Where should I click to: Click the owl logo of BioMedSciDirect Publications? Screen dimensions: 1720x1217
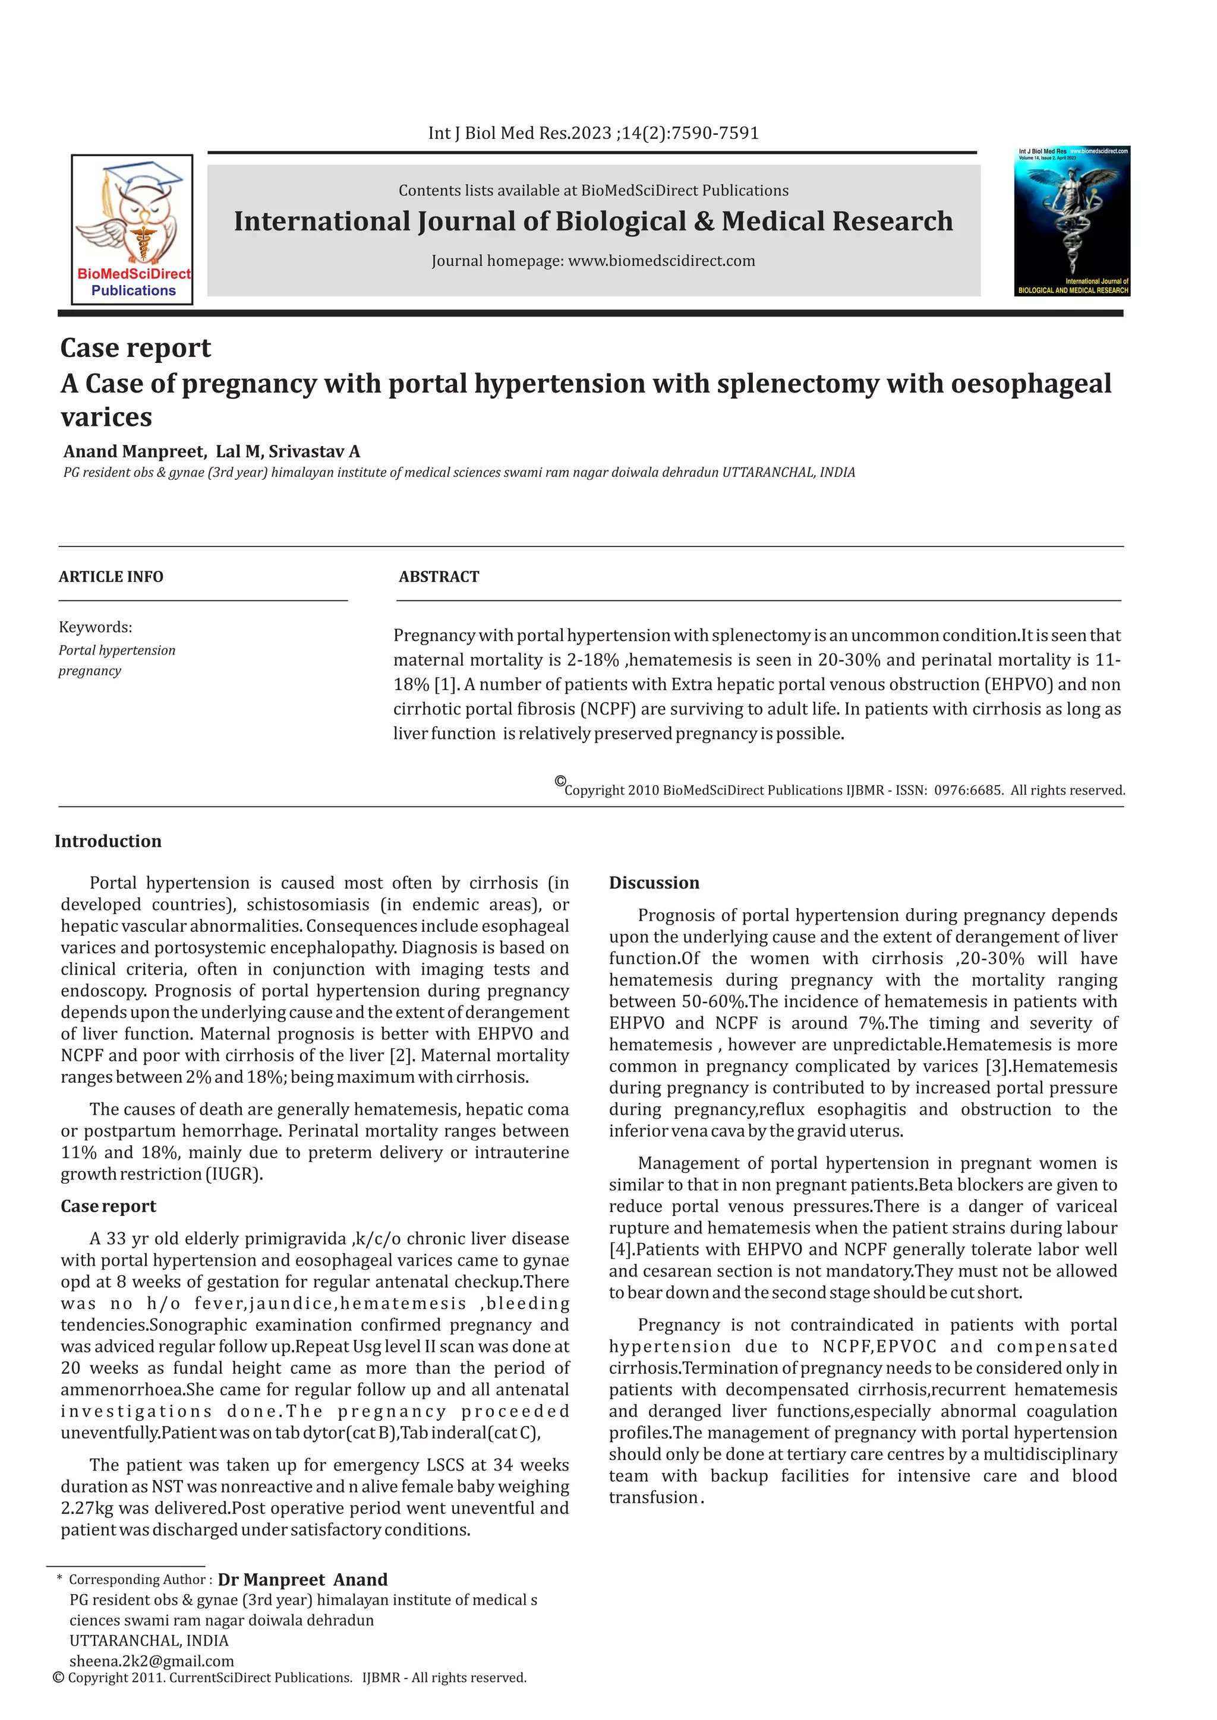[132, 217]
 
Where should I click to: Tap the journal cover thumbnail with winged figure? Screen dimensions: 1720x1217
[1071, 220]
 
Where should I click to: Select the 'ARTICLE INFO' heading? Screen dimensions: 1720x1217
[111, 577]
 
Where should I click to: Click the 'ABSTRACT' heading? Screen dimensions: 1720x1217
[439, 577]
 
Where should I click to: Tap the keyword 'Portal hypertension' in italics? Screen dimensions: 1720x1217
[117, 650]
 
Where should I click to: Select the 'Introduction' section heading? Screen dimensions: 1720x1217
[108, 841]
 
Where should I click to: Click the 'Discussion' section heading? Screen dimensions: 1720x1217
[654, 883]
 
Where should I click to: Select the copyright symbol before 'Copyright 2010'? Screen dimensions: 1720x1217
[560, 782]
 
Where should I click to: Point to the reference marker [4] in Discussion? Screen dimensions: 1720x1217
[620, 1250]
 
